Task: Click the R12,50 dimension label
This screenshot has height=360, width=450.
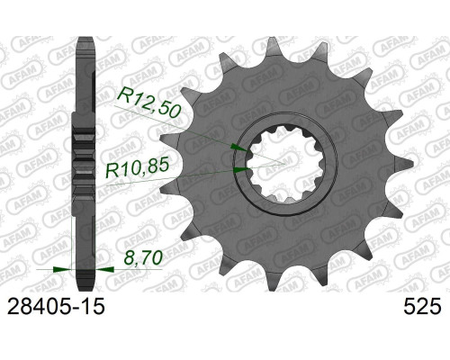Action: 149,103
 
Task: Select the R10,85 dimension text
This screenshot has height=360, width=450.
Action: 137,169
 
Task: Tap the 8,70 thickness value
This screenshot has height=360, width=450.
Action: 143,257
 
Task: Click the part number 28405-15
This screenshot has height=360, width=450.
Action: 56,307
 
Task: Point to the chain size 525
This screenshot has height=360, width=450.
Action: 422,307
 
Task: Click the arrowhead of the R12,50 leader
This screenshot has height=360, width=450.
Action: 239,148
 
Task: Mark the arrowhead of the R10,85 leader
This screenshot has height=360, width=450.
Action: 241,170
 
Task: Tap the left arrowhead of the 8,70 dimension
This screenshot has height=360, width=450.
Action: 62,269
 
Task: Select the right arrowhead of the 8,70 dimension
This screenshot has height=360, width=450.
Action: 105,269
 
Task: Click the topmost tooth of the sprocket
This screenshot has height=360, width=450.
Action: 272,46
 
